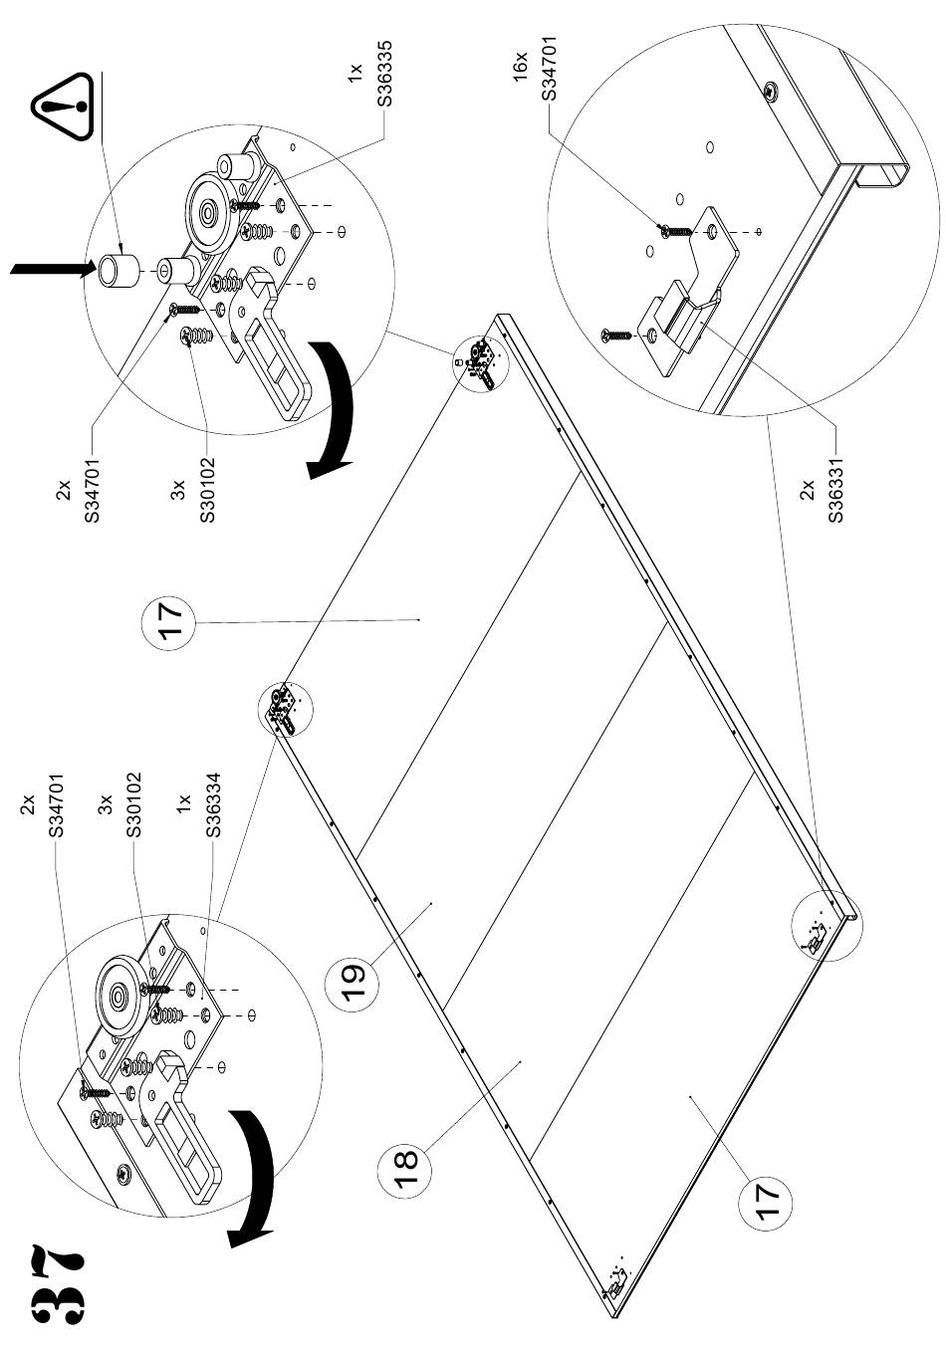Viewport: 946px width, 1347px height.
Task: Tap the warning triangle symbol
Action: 63,107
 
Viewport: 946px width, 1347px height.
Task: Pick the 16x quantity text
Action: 520,66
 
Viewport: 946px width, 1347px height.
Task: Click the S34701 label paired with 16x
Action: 549,68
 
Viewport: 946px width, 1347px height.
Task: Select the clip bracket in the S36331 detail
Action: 685,319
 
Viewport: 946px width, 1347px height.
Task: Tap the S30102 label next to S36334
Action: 135,804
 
